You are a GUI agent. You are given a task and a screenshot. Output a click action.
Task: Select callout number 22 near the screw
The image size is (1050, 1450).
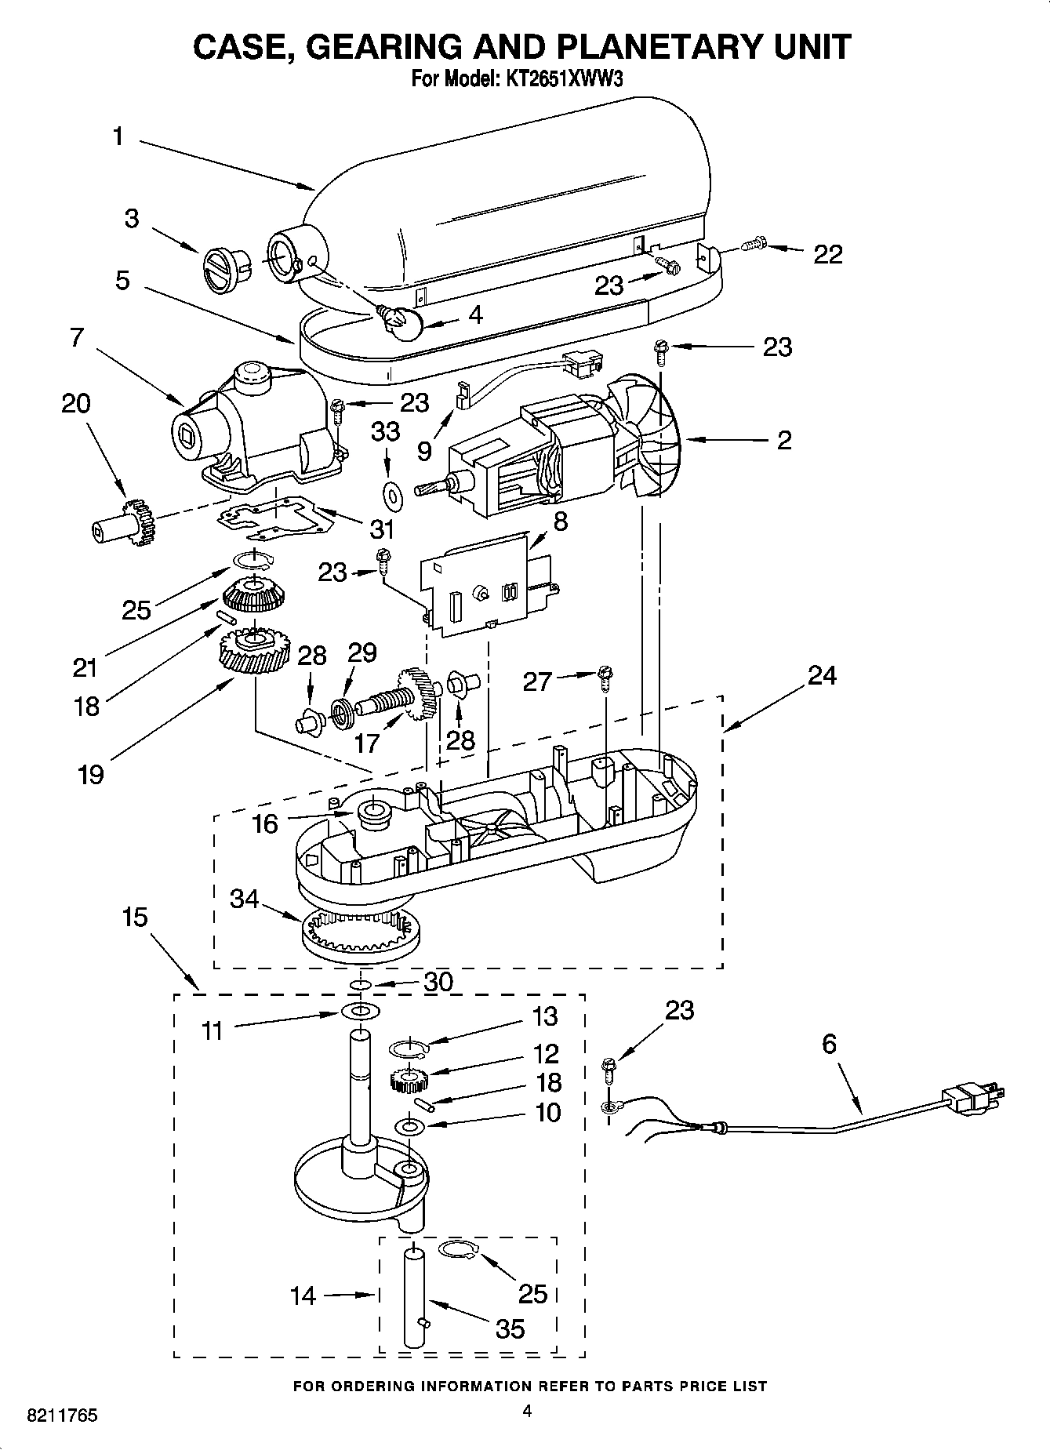click(827, 254)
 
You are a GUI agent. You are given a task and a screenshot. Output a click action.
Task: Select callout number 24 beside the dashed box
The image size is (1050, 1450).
click(821, 675)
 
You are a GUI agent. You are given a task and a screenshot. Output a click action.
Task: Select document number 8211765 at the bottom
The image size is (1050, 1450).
click(62, 1416)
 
